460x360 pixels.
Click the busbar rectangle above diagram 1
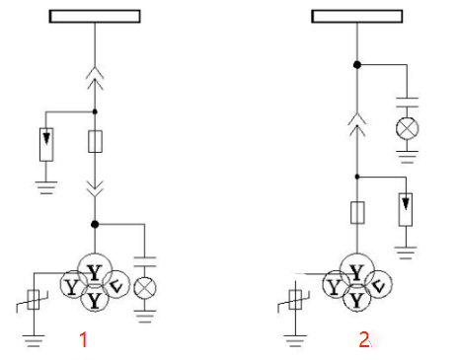[95, 16]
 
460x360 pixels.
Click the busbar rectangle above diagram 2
[357, 16]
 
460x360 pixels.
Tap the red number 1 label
[83, 339]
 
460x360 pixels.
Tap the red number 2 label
[364, 339]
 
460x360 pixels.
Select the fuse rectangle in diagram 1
[95, 141]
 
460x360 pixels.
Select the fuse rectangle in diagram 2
[357, 213]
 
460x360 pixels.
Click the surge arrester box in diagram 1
[46, 144]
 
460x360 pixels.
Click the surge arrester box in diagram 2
[406, 209]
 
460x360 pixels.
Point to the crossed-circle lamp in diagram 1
[145, 288]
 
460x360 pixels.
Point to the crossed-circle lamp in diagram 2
[408, 128]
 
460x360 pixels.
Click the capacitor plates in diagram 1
[145, 261]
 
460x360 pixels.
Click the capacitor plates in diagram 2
[408, 103]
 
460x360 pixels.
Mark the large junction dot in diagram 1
[95, 224]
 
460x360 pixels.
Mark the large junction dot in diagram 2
[357, 65]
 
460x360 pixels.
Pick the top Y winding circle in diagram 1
[95, 270]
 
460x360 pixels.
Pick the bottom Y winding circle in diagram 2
[357, 299]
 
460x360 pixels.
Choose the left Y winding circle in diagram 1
[74, 285]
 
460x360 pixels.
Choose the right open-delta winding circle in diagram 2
[378, 284]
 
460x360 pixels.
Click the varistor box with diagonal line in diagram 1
[34, 300]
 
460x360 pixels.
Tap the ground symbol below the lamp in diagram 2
[408, 157]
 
